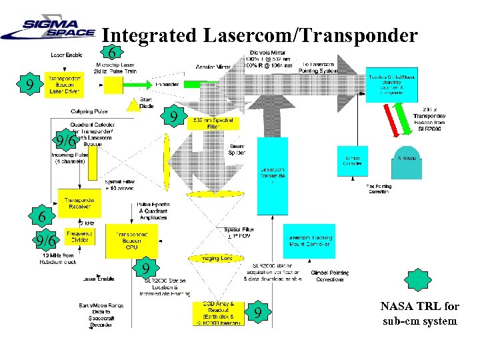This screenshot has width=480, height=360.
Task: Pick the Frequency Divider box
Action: pos(80,236)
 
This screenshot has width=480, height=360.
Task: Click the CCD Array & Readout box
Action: pos(219,313)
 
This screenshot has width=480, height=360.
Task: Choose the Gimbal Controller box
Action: pos(352,161)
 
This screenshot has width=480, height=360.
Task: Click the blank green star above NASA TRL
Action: pos(417,280)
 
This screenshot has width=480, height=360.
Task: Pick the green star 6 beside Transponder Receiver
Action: pos(42,217)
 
